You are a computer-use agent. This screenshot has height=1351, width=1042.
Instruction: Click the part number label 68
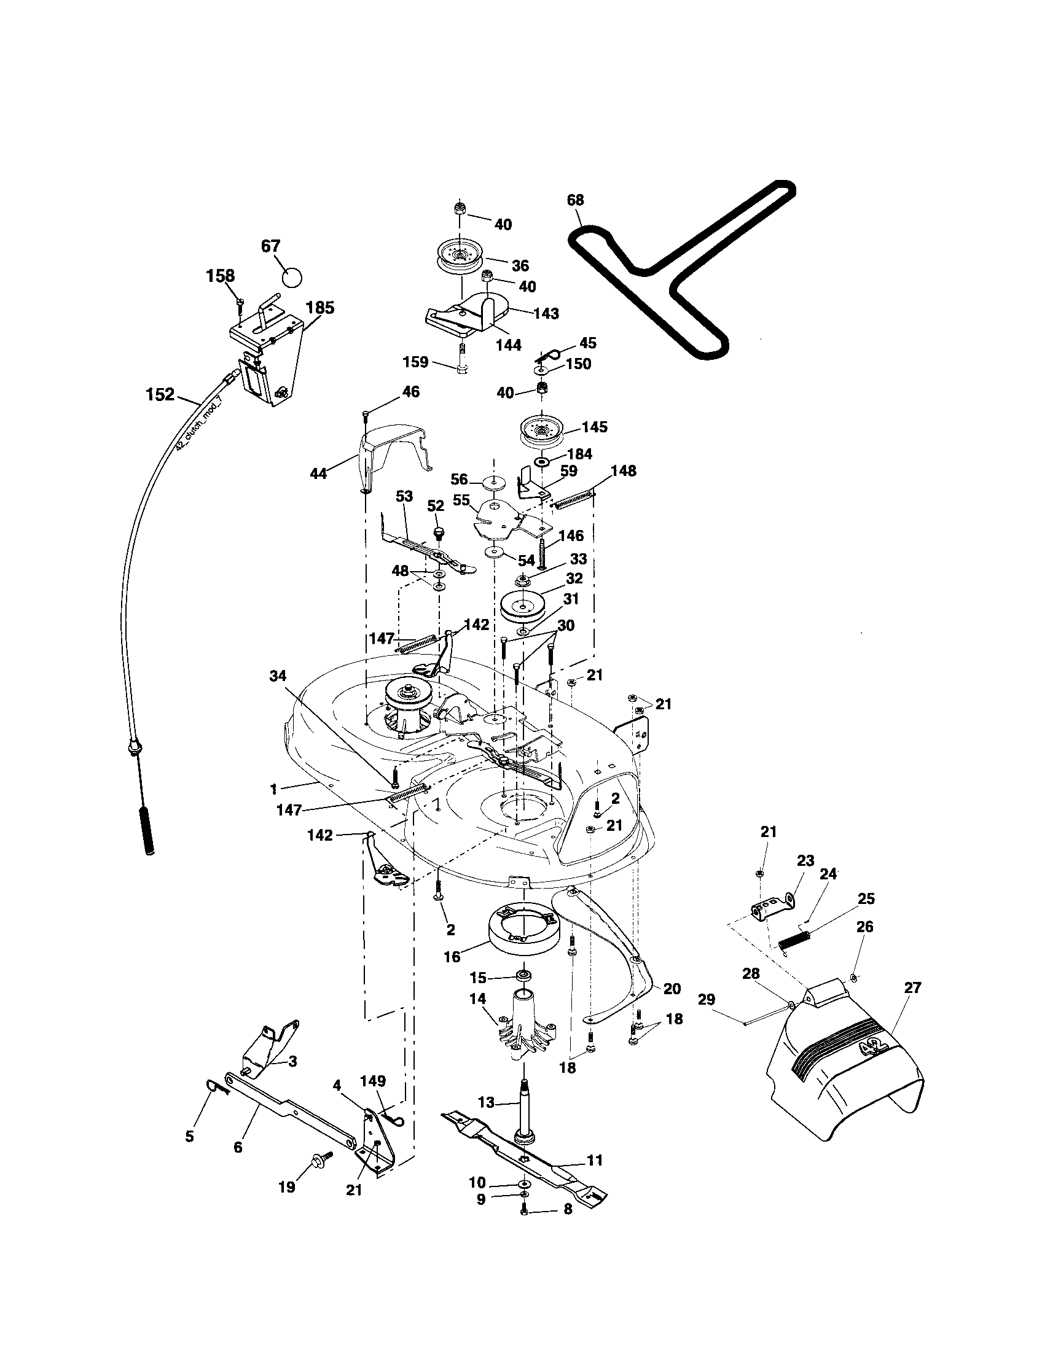(575, 200)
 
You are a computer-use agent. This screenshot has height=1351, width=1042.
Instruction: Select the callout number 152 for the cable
(160, 395)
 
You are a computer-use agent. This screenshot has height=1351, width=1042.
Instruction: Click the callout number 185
(320, 308)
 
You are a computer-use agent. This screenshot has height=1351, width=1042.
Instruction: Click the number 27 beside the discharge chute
(913, 988)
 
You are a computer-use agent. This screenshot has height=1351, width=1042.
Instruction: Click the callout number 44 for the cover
(319, 474)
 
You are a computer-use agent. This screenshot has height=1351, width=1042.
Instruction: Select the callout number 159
(415, 362)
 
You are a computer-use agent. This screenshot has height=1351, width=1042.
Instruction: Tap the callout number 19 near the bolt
(287, 1187)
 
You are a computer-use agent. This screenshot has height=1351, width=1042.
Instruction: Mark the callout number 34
(278, 676)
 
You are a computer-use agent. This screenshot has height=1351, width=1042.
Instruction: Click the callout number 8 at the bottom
(568, 1209)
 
